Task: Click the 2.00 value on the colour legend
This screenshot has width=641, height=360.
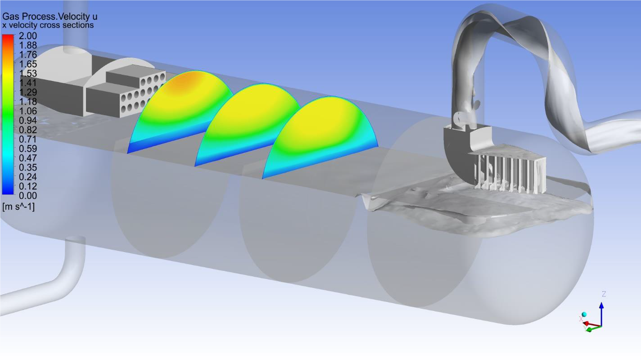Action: point(28,36)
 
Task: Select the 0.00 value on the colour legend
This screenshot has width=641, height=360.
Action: point(28,196)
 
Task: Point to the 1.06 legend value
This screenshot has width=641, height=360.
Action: point(28,111)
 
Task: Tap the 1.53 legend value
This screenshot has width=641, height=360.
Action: point(28,73)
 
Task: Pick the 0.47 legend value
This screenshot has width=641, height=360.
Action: point(28,158)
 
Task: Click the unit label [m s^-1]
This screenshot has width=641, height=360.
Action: point(18,207)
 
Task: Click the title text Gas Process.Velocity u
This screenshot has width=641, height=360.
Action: point(50,17)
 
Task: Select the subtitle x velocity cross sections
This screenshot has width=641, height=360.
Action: point(48,25)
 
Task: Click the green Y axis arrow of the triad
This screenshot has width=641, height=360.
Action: point(593,328)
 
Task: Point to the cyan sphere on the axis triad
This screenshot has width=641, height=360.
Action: point(584,315)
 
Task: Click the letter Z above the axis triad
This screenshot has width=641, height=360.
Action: point(604,294)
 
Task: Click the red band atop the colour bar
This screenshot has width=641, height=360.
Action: point(8,38)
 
